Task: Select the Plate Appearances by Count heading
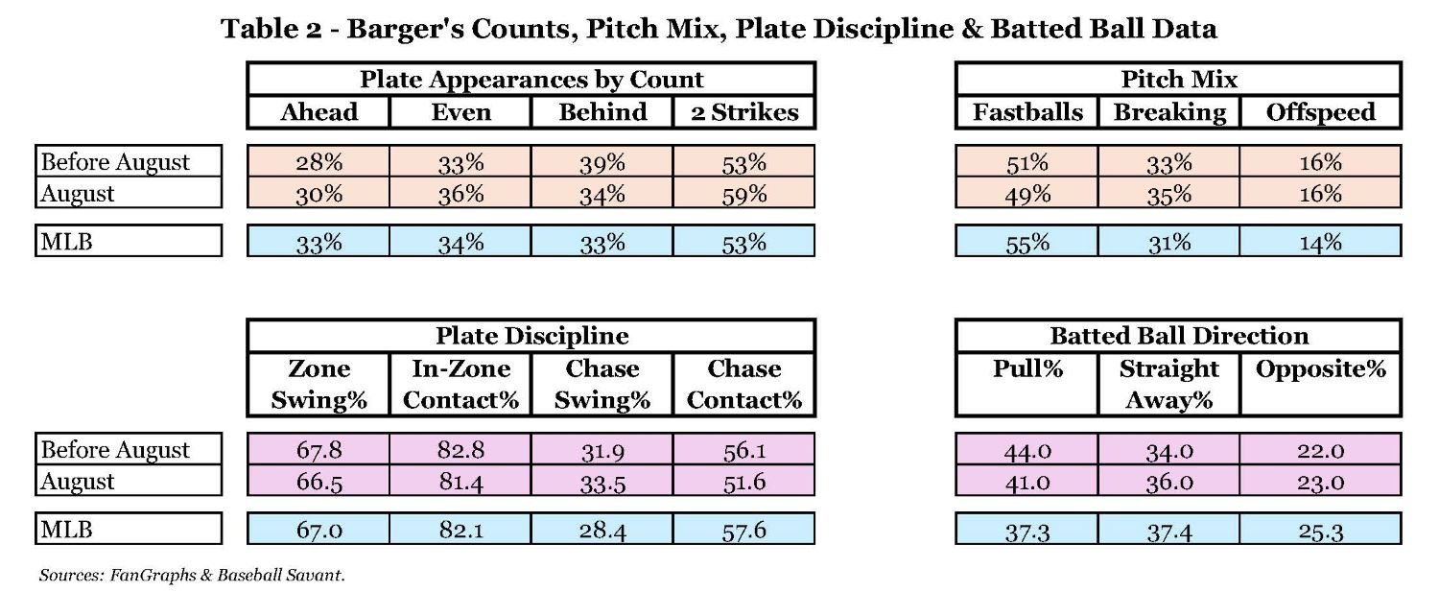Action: (x=531, y=79)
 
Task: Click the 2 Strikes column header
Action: (x=744, y=112)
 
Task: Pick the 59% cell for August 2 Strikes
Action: (x=744, y=194)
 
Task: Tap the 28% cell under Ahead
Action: (x=318, y=161)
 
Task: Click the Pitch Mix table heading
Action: (x=1179, y=79)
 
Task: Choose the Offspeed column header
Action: (x=1320, y=112)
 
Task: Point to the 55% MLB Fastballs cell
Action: (x=1027, y=243)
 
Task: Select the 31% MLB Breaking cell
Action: (x=1169, y=243)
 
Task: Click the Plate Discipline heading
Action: (x=531, y=335)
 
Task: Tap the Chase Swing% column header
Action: (x=602, y=384)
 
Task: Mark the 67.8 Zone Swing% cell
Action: (x=318, y=450)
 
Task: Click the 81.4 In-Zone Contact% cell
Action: (x=460, y=482)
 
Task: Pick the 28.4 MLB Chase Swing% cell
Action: (x=602, y=530)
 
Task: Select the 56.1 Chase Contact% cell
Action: (x=744, y=450)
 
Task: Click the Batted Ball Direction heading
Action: (x=1179, y=335)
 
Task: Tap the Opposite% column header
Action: (x=1320, y=369)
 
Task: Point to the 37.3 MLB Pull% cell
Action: (x=1027, y=530)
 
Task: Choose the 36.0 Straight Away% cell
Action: (x=1169, y=482)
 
